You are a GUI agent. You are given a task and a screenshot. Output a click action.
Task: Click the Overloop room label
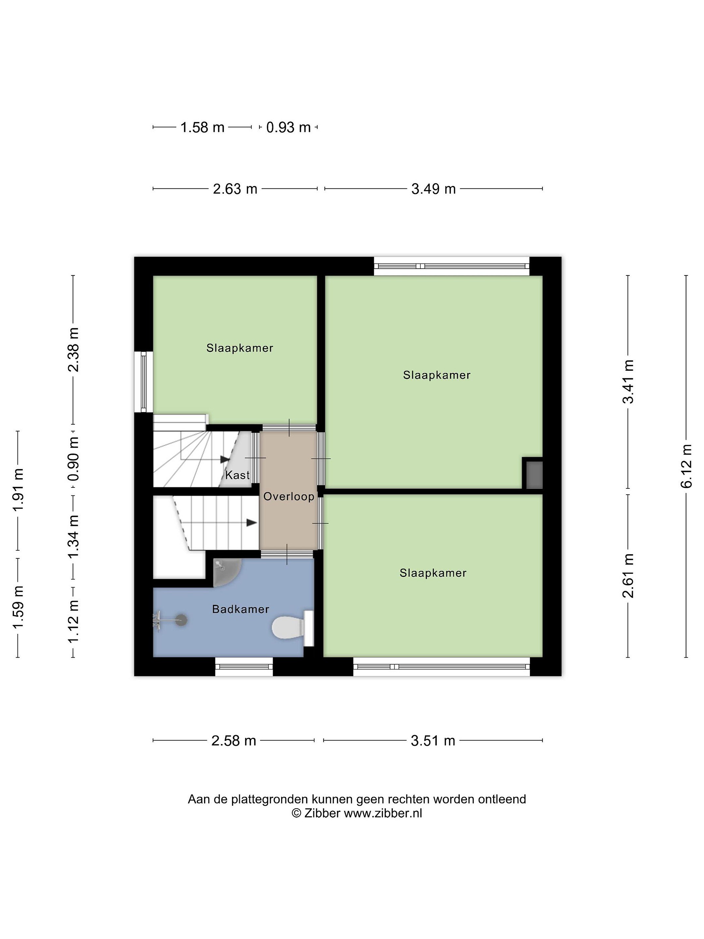tap(288, 496)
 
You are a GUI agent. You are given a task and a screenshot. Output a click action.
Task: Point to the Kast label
tap(237, 475)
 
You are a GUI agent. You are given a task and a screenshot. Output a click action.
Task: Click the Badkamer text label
tap(241, 609)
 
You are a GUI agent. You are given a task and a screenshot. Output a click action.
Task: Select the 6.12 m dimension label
tap(686, 466)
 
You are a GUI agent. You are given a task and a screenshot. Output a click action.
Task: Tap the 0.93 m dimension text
tap(288, 127)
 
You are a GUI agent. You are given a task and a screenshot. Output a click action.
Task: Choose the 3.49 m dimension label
tap(433, 188)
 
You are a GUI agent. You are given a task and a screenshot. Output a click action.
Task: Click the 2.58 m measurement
tap(234, 741)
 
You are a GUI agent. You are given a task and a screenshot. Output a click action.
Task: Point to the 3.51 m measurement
tap(433, 741)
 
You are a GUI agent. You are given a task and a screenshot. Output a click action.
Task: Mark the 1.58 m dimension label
tap(202, 127)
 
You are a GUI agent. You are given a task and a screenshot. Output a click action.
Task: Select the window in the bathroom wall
tap(244, 666)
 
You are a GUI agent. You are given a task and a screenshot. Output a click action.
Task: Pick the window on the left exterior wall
tap(143, 381)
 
